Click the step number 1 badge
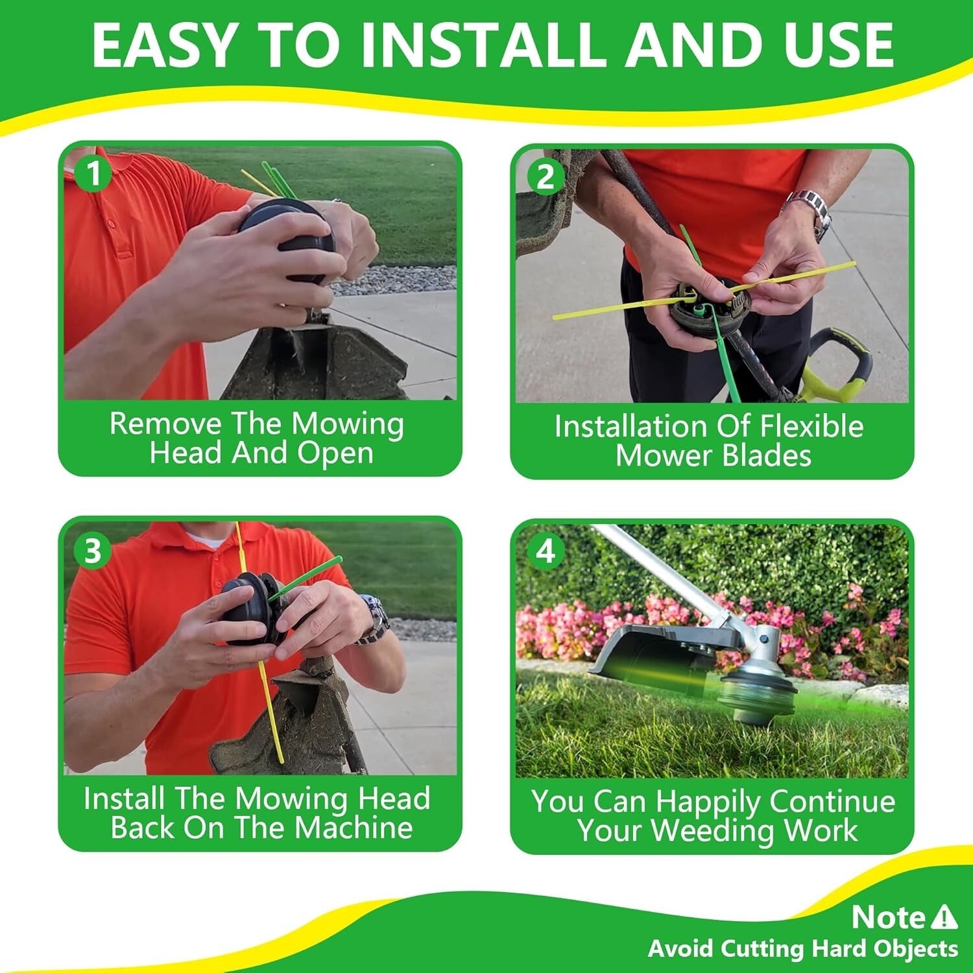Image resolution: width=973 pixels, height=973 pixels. (94, 174)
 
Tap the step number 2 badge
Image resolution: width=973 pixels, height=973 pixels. (546, 176)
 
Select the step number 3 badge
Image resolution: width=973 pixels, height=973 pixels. (93, 551)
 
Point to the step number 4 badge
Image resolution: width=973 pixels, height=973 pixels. (546, 551)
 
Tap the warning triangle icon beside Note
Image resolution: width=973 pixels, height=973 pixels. (944, 917)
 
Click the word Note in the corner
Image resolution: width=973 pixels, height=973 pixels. (888, 917)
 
